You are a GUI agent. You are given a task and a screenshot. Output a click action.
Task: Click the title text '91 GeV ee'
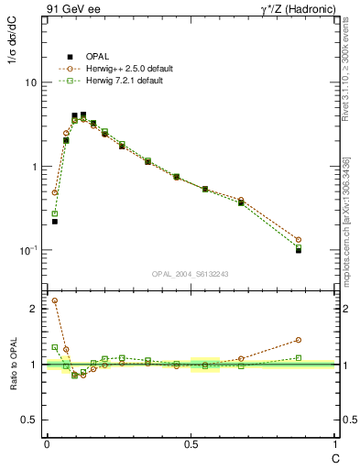click(x=72, y=10)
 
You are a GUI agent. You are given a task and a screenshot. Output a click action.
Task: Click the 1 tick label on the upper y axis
click(x=33, y=167)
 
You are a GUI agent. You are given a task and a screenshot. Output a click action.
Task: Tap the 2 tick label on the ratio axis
click(x=34, y=309)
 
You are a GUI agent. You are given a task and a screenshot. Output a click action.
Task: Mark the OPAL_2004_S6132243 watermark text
click(x=191, y=274)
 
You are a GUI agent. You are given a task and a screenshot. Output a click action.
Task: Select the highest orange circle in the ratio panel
click(x=55, y=300)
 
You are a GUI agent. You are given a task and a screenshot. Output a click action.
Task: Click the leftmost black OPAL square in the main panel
click(x=55, y=222)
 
